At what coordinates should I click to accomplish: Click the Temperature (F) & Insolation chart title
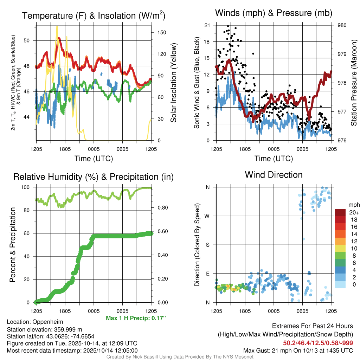pos(94,16)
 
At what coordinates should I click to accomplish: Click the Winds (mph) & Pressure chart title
pos(274,13)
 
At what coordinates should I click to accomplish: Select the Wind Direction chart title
pos(274,175)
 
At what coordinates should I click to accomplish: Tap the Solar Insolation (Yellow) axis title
pos(173,83)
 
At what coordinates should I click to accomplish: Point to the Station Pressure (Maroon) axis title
pos(354,83)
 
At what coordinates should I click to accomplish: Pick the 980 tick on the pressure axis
pos(342,25)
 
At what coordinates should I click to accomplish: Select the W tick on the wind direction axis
pos(208,216)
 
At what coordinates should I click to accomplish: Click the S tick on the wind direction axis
pos(208,245)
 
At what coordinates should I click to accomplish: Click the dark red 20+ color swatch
pos(341,212)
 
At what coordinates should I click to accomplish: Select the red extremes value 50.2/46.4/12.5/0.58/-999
pos(318,343)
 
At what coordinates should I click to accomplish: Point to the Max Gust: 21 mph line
pos(298,351)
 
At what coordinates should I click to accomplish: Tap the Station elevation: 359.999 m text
pos(44,329)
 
